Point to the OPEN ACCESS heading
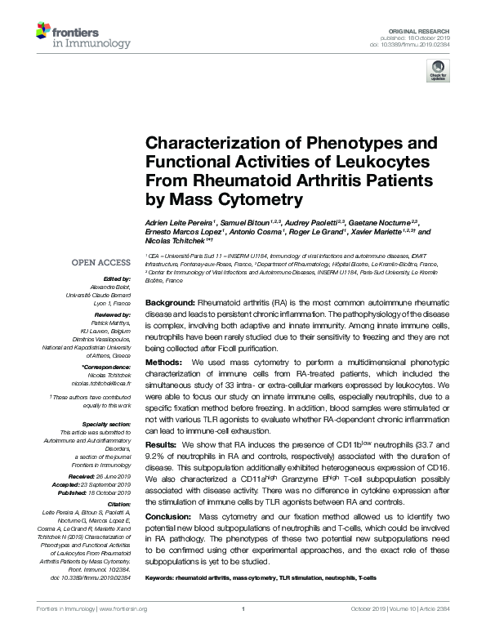pyautogui.click(x=100, y=264)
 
